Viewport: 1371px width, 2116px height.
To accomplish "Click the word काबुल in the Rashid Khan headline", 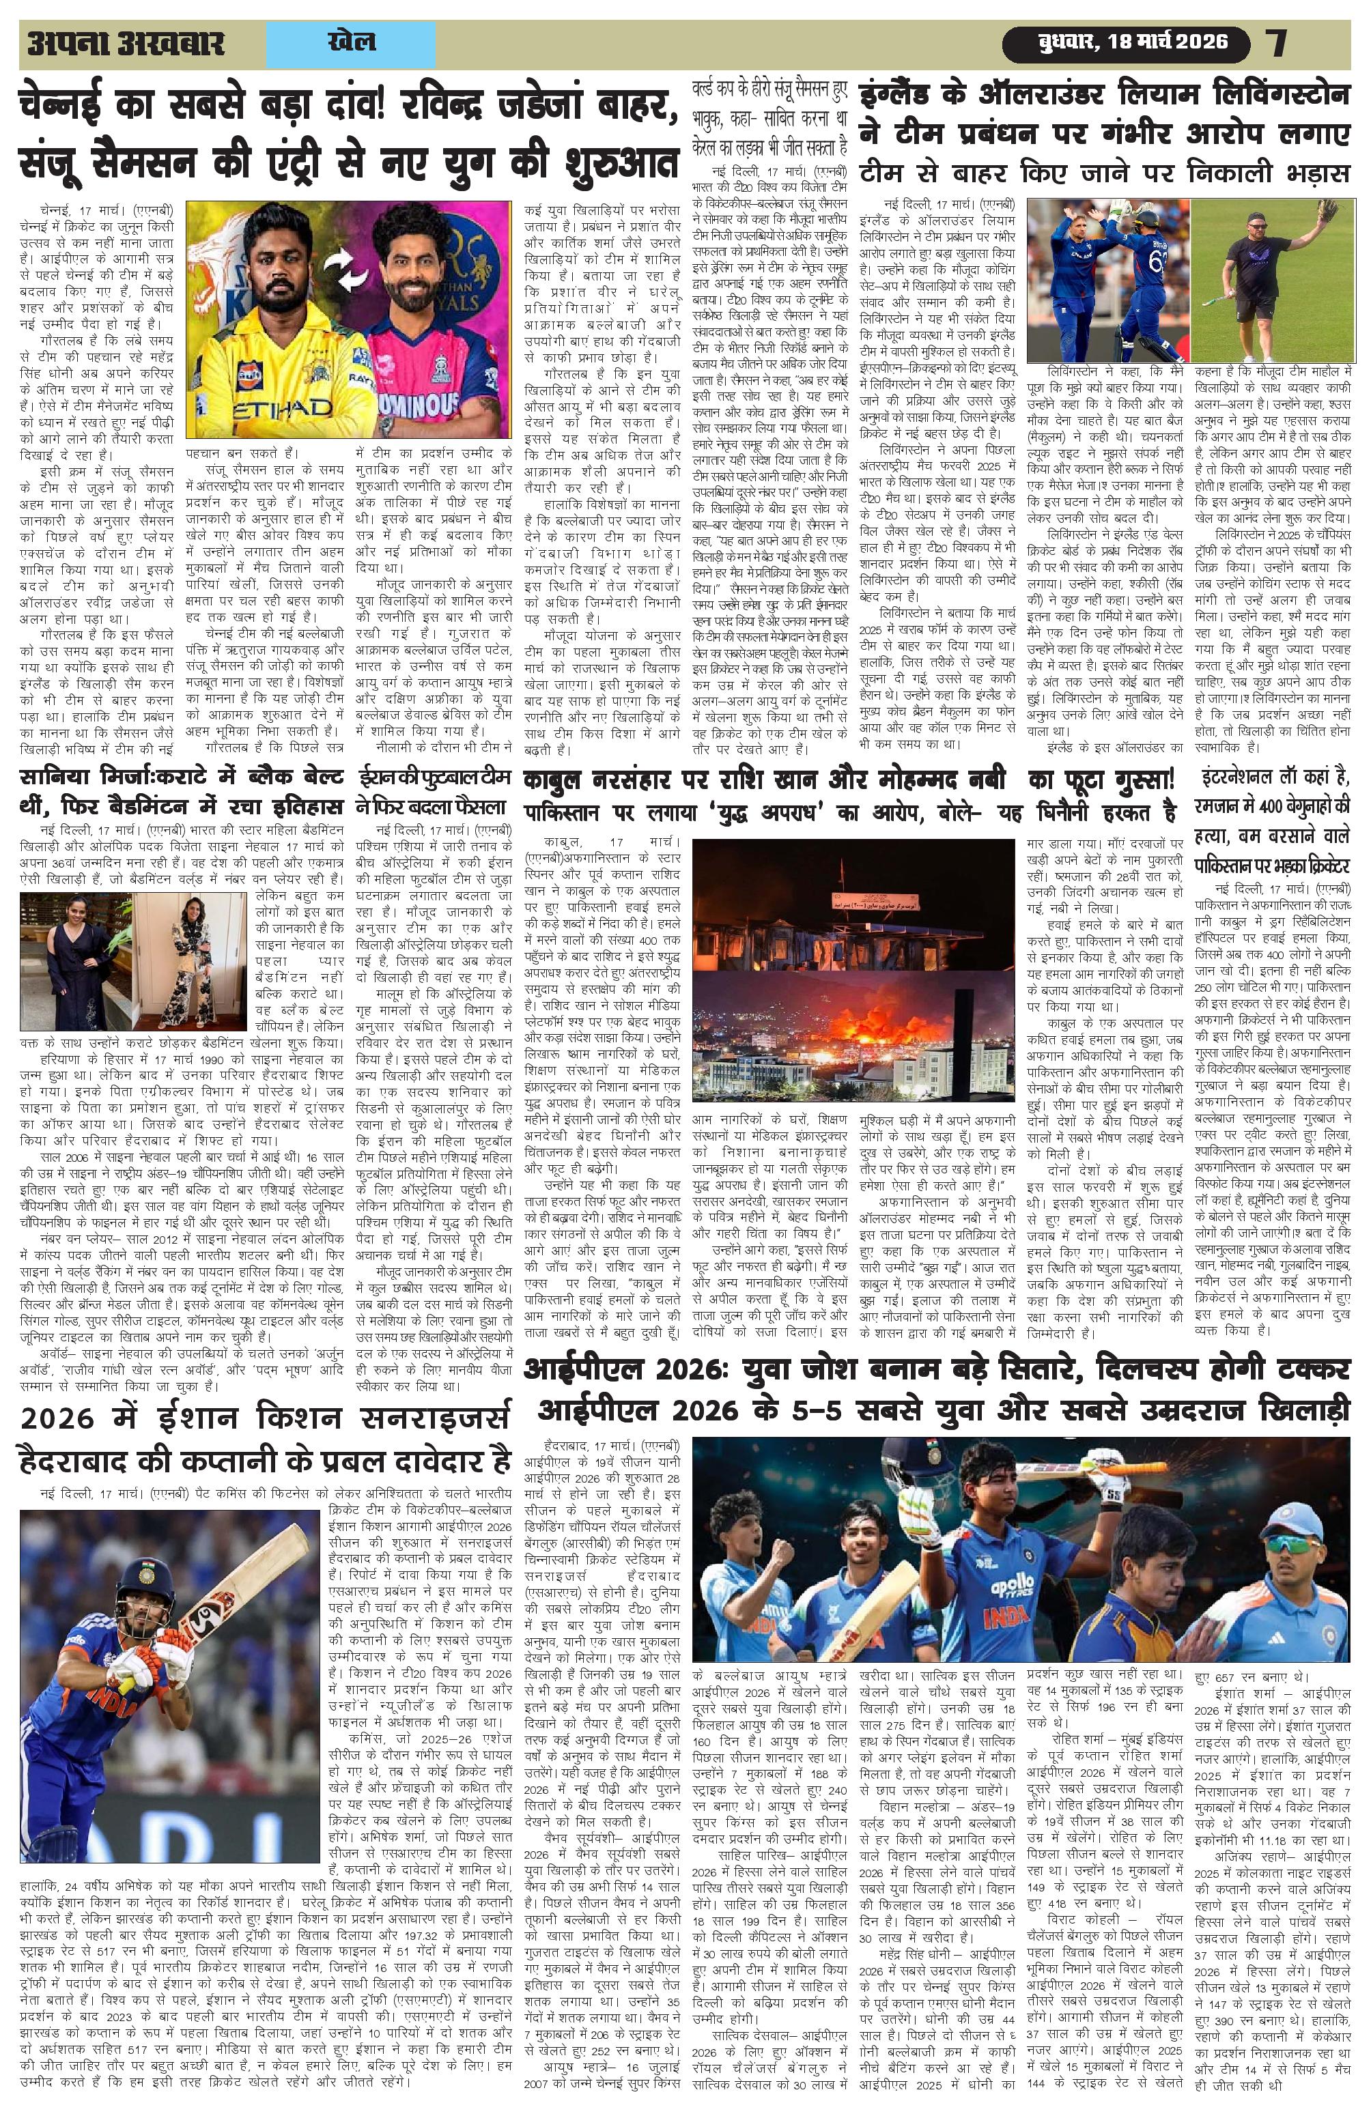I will pos(563,782).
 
